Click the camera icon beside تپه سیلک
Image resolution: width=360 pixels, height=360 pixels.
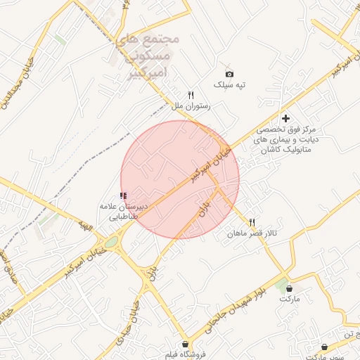(229, 74)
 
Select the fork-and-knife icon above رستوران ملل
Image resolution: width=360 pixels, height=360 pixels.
(190, 95)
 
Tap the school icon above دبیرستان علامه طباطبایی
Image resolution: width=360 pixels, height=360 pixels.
(124, 196)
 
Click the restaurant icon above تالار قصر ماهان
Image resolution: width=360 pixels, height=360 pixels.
(252, 221)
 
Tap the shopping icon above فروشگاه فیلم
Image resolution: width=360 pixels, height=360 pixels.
(185, 345)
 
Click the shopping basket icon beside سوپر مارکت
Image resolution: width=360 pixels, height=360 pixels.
(323, 347)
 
